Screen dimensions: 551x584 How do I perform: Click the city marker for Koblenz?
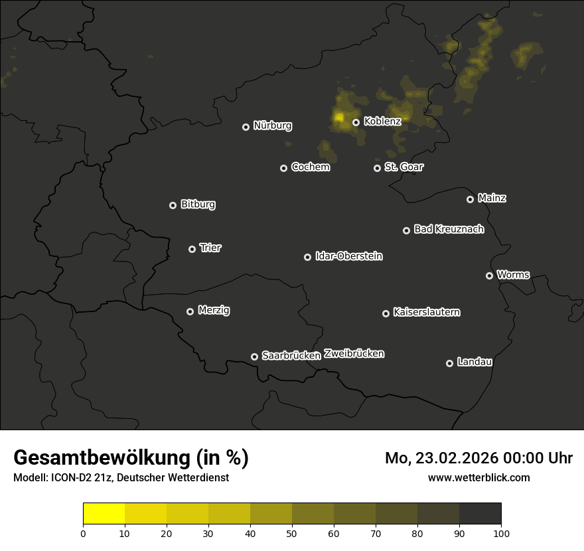tap(356, 122)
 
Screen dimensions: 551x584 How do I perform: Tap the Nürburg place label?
tap(273, 125)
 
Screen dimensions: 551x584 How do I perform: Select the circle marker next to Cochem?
tap(283, 168)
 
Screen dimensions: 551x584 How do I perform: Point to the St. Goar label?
tap(403, 167)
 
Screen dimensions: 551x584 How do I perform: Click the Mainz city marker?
tap(470, 199)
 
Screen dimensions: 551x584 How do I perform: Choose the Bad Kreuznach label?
tap(449, 229)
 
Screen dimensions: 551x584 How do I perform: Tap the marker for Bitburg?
tap(173, 205)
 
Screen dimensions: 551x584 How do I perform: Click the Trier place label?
tap(210, 248)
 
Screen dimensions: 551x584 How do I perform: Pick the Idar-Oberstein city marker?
tap(307, 257)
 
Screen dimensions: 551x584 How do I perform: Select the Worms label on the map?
tap(513, 274)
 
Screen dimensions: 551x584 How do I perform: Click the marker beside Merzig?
tap(190, 311)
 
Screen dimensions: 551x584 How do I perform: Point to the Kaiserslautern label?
tap(427, 312)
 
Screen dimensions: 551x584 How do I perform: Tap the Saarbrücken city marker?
tap(254, 356)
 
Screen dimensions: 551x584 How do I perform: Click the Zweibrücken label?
tap(354, 354)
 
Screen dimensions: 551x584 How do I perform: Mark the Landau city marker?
tap(449, 363)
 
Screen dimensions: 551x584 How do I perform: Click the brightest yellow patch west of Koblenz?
tap(339, 118)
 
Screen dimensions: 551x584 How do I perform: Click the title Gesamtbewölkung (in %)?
tap(131, 458)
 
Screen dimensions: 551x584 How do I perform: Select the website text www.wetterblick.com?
tap(479, 477)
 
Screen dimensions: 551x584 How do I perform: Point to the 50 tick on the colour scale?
tap(292, 532)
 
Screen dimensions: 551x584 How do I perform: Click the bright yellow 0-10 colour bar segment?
tap(104, 514)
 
